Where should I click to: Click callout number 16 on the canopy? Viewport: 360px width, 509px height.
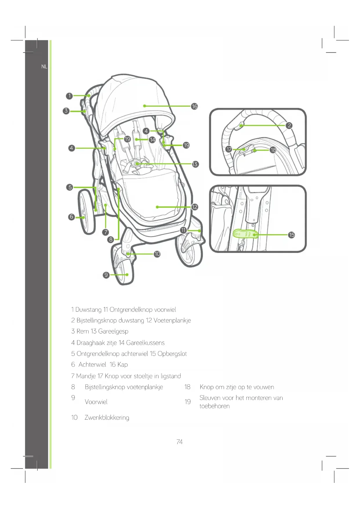point(194,107)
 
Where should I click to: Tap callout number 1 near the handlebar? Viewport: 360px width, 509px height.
point(69,96)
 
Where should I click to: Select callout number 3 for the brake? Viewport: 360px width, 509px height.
point(66,111)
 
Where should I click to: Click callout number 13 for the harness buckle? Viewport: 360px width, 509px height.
point(195,164)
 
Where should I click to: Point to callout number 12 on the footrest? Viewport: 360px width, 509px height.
point(194,207)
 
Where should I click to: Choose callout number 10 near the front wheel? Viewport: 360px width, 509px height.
point(157,254)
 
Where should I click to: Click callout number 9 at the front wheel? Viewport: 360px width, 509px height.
point(106,275)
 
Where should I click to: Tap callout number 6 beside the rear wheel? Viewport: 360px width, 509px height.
point(71,217)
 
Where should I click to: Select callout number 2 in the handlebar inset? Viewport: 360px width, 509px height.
point(289,125)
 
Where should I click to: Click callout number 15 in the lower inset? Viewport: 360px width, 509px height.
point(292,235)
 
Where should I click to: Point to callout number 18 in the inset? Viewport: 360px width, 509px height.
point(273,150)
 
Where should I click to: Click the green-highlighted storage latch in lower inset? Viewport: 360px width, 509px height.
point(245,234)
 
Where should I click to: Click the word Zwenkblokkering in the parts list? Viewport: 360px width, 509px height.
point(107,418)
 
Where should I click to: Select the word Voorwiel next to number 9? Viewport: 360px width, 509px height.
point(96,402)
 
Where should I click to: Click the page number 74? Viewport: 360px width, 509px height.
point(180,442)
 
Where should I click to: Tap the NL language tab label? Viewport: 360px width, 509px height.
point(44,66)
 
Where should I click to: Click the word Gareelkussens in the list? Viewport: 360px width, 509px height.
point(145,343)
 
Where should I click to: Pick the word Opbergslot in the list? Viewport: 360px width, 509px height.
point(172,354)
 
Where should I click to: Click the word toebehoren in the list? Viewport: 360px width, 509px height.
point(214,406)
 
